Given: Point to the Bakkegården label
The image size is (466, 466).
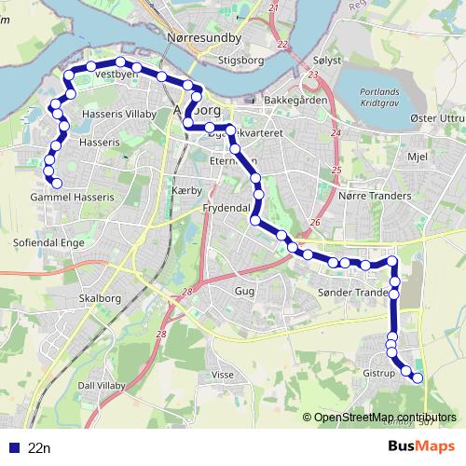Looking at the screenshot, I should click(295, 100).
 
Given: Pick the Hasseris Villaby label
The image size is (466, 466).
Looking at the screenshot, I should click(115, 111).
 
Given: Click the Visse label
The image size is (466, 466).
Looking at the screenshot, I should click(223, 374).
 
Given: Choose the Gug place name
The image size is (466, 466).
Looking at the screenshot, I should click(244, 291).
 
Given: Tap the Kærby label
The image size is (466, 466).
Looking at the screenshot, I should click(186, 190).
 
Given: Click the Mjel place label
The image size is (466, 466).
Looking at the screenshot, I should click(417, 157).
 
